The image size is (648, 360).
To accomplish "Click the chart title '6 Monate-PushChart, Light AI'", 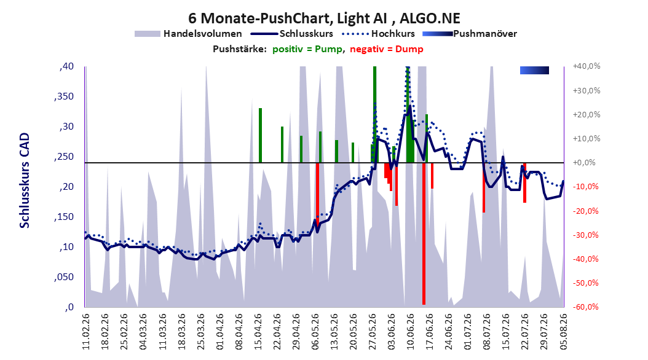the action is pyautogui.click(x=288, y=18).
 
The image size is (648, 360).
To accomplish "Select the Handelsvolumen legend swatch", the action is pyautogui.click(x=147, y=34).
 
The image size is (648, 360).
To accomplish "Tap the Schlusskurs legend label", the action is pyautogui.click(x=306, y=34).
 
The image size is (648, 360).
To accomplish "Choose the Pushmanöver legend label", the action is pyautogui.click(x=485, y=34).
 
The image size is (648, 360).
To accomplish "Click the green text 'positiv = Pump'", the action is pyautogui.click(x=307, y=49).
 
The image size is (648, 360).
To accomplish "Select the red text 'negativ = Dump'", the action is pyautogui.click(x=387, y=49).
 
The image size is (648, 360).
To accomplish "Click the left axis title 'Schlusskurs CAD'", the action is pyautogui.click(x=25, y=181).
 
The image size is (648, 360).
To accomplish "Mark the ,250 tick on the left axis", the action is pyautogui.click(x=64, y=157).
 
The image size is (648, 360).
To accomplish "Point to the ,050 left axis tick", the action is pyautogui.click(x=64, y=277).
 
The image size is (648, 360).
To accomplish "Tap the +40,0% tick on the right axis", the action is pyautogui.click(x=587, y=66).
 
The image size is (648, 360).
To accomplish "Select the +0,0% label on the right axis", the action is pyautogui.click(x=585, y=163).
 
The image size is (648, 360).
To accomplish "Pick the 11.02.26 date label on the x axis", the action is pyautogui.click(x=86, y=332).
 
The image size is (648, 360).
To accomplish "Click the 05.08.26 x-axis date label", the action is pyautogui.click(x=563, y=332).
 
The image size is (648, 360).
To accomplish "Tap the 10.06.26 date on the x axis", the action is pyautogui.click(x=410, y=332).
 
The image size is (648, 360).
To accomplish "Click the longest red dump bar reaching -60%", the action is pyautogui.click(x=424, y=233).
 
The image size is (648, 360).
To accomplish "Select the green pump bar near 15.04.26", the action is pyautogui.click(x=260, y=135).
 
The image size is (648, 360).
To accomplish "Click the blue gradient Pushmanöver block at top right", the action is pyautogui.click(x=534, y=70).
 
